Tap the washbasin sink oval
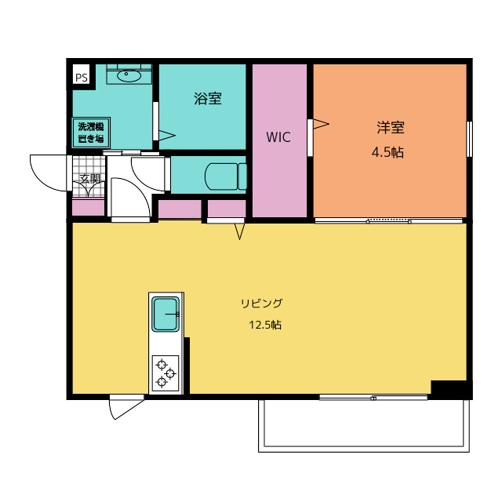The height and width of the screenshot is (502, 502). (129, 75)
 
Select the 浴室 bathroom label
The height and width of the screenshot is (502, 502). (208, 98)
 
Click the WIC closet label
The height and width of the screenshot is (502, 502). (278, 137)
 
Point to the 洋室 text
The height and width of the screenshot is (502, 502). (391, 127)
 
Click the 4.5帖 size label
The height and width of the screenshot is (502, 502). (387, 152)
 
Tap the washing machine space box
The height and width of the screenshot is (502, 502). (91, 133)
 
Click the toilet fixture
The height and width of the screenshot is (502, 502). (226, 176)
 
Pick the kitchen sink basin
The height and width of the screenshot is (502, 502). (166, 314)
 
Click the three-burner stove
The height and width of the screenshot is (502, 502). (166, 373)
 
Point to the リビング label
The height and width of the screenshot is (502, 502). (262, 303)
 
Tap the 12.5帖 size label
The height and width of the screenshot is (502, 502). (265, 325)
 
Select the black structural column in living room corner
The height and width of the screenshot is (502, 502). (452, 390)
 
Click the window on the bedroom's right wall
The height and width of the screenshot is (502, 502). (469, 139)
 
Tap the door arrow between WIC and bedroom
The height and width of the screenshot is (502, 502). (321, 124)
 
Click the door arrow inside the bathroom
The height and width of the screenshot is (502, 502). (167, 136)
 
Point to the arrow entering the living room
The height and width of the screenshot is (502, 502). (239, 231)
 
